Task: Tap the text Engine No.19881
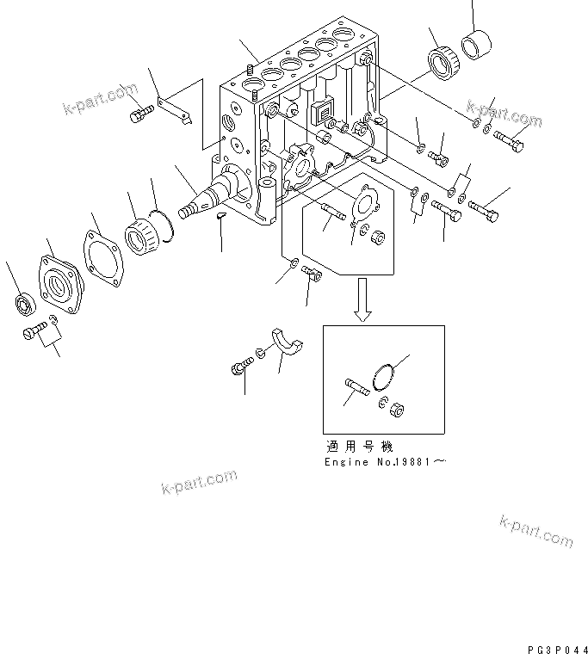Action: pos(385,462)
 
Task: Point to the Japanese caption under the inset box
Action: pos(359,447)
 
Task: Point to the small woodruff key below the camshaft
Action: pos(220,217)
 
